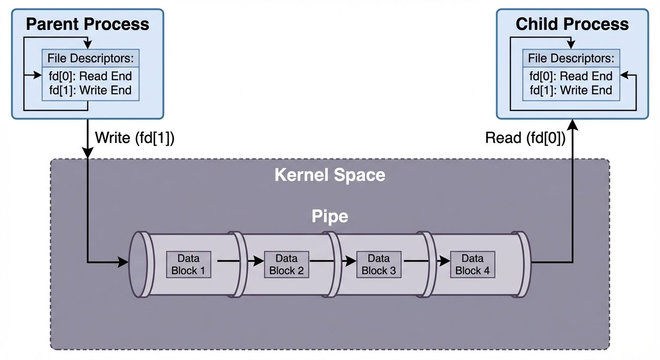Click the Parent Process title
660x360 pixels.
pyautogui.click(x=87, y=24)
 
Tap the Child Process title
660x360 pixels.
pyautogui.click(x=572, y=24)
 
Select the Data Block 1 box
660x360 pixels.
pyautogui.click(x=188, y=264)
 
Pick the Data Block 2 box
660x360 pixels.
pyautogui.click(x=286, y=264)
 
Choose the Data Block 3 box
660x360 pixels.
pyautogui.click(x=379, y=264)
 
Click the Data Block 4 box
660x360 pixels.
pyautogui.click(x=472, y=264)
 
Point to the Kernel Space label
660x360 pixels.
pyautogui.click(x=330, y=175)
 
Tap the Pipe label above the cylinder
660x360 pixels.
pyautogui.click(x=330, y=217)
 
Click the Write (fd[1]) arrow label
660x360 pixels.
pyautogui.click(x=135, y=138)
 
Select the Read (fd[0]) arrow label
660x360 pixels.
pyautogui.click(x=525, y=138)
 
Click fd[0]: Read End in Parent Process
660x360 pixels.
pyautogui.click(x=90, y=76)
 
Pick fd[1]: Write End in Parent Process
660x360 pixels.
pyautogui.click(x=90, y=90)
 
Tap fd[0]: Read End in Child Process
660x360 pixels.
pyautogui.click(x=571, y=76)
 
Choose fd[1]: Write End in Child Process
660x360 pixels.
pyautogui.click(x=571, y=90)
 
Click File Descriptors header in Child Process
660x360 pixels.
pyautogui.click(x=571, y=59)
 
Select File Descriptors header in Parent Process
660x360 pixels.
pyautogui.click(x=90, y=59)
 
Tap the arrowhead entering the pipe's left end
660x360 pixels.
pyautogui.click(x=123, y=262)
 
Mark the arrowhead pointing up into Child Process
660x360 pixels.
pyautogui.click(x=572, y=124)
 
